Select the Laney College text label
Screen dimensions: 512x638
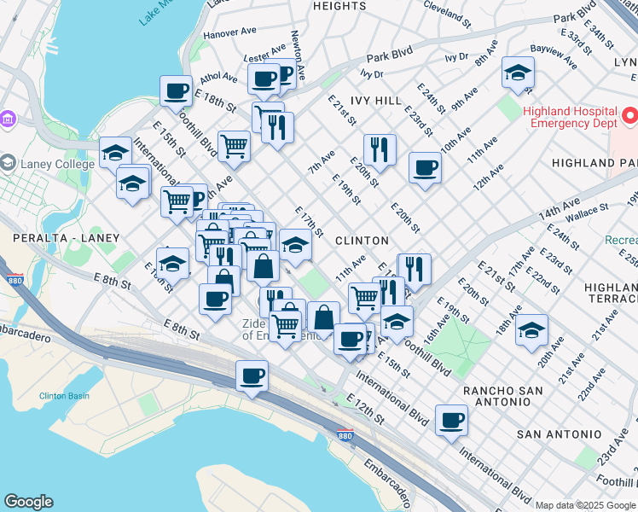click(59, 164)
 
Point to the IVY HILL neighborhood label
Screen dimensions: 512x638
click(376, 100)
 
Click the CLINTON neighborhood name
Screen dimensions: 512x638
click(362, 241)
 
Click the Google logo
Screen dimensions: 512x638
click(28, 502)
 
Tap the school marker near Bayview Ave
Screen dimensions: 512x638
click(518, 73)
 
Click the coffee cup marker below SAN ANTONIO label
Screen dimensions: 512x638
click(451, 420)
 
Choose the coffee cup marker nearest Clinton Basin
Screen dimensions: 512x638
click(252, 375)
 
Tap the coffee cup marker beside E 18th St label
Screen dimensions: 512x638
click(177, 91)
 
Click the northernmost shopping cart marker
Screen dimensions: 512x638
click(234, 145)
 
